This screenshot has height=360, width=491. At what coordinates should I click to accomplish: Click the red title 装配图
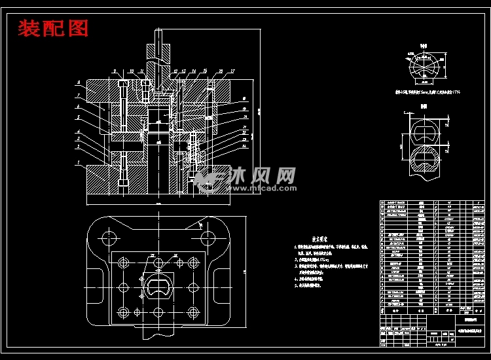(53, 29)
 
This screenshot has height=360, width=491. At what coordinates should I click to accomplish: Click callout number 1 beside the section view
(78, 162)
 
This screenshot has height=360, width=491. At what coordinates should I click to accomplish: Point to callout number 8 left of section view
(78, 83)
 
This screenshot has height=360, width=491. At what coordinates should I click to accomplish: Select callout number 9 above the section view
(114, 70)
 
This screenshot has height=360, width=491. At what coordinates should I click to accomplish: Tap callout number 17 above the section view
(233, 70)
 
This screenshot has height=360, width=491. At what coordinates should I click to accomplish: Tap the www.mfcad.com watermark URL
(261, 188)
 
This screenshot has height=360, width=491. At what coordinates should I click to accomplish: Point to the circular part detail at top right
(424, 68)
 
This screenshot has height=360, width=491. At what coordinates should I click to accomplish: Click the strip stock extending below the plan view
(158, 333)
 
